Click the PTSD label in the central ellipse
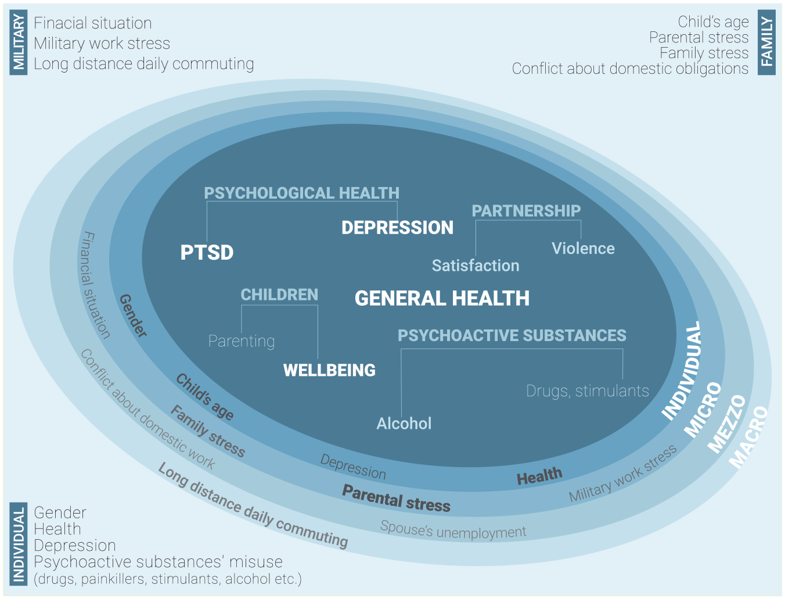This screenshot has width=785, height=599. (x=207, y=252)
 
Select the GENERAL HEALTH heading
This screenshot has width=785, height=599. (x=442, y=298)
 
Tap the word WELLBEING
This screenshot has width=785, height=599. (x=329, y=370)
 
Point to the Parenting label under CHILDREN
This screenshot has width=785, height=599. (x=242, y=341)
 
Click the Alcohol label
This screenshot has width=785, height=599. (x=404, y=424)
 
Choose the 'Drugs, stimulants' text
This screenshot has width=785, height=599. (x=588, y=391)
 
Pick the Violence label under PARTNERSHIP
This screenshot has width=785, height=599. (x=583, y=248)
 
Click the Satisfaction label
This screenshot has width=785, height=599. (x=476, y=266)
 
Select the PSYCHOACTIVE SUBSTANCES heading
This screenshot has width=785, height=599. (x=512, y=335)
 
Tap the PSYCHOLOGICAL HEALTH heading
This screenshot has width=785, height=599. (x=301, y=193)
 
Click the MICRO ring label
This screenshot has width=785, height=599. (x=703, y=410)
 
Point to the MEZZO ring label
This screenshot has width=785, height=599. (x=727, y=424)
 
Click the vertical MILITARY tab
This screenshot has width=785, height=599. (x=18, y=42)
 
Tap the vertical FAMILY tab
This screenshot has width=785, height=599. (x=766, y=42)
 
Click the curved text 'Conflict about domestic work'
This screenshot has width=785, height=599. (x=147, y=410)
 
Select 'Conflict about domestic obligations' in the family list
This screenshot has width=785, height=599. (x=630, y=69)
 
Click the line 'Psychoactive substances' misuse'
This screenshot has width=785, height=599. (x=158, y=562)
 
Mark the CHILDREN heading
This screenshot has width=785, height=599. (x=279, y=295)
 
